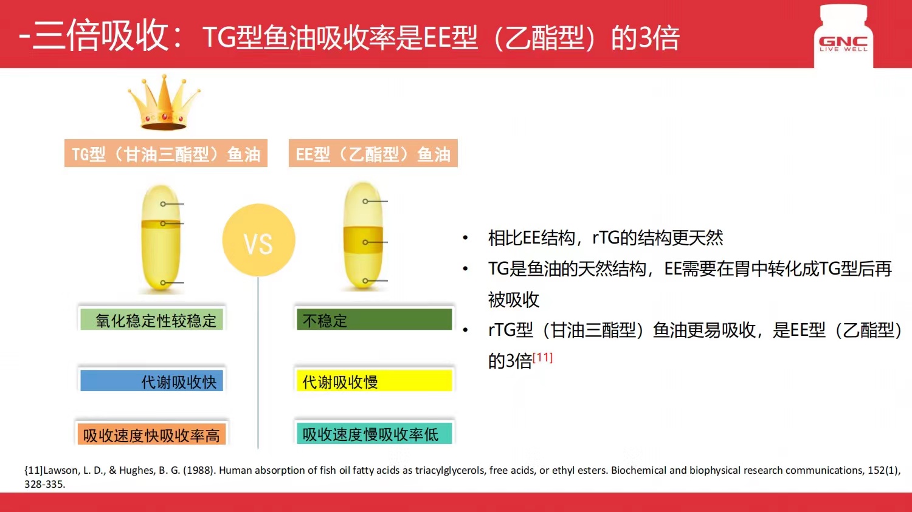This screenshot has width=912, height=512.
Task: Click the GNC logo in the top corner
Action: pos(843,43)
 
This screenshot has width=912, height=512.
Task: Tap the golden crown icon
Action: pos(164,103)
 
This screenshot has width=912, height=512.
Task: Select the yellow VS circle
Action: pos(258,241)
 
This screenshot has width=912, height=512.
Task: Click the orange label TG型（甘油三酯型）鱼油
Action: pos(166,154)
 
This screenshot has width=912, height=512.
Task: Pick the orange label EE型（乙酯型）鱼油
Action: pos(373,154)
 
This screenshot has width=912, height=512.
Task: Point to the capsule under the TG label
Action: pos(161,239)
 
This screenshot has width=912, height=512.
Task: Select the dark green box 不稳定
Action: pos(374,319)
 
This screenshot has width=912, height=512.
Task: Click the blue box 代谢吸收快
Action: pos(152,381)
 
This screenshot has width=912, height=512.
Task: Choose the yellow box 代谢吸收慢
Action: pos(374,381)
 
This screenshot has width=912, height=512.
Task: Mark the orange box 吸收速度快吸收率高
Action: pos(151,435)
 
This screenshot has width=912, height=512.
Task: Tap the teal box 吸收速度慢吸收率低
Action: pos(374,434)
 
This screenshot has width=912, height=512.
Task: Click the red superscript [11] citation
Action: pos(542,357)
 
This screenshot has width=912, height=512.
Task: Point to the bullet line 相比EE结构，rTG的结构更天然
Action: pos(605,237)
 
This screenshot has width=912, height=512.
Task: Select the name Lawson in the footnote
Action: pos(60,470)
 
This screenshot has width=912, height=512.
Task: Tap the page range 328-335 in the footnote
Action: pos(45,484)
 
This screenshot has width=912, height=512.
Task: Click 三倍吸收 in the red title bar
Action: pos(101,35)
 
